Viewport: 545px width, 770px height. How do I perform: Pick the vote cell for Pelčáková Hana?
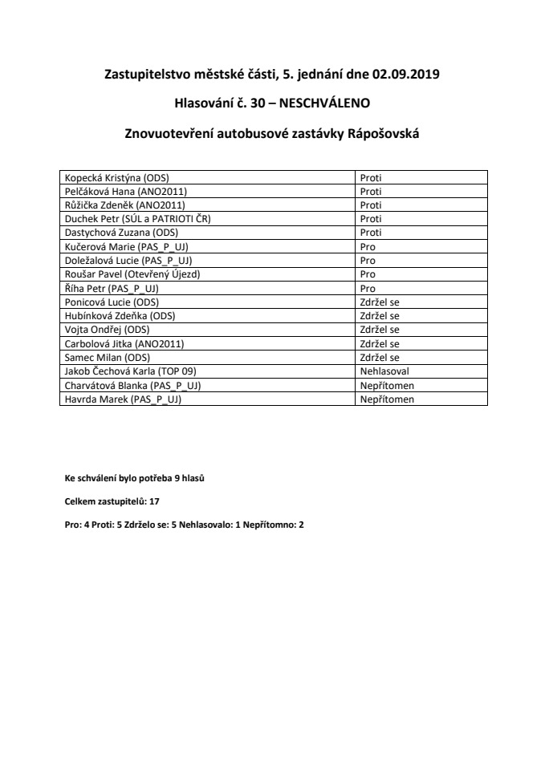coord(370,192)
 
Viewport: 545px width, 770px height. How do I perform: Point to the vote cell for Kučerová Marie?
coord(368,247)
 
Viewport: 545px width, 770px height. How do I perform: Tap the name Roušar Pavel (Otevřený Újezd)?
coord(132,274)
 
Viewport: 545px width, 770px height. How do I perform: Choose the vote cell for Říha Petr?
coord(368,288)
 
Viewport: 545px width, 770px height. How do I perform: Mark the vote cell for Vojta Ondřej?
coord(380,329)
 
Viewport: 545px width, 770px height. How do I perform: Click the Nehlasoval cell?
coord(385,371)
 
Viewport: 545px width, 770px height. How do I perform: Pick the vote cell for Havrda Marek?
coord(387,399)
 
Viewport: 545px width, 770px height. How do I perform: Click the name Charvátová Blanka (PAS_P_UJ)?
coord(132,385)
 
